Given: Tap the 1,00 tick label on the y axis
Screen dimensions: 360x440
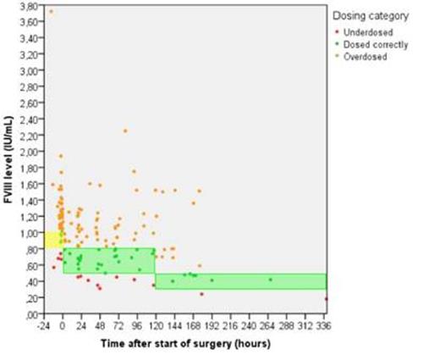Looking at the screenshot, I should pyautogui.click(x=30, y=233).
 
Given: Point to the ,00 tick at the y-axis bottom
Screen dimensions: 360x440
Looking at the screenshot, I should pyautogui.click(x=32, y=314).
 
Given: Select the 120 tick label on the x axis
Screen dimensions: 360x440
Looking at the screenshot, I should pyautogui.click(x=154, y=324).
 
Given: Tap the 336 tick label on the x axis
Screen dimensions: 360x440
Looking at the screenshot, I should pyautogui.click(x=324, y=324).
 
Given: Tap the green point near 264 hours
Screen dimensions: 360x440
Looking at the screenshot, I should pyautogui.click(x=270, y=280).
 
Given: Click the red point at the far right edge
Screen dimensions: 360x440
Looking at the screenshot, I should pyautogui.click(x=326, y=299).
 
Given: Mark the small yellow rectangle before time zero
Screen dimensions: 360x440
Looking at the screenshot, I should pyautogui.click(x=52, y=240).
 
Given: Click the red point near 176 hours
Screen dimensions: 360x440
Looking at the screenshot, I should pyautogui.click(x=201, y=294).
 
